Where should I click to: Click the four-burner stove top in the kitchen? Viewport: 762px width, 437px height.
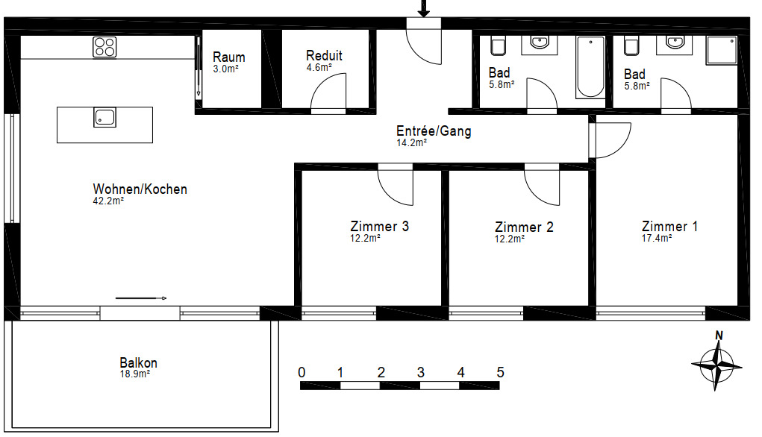click(104, 47)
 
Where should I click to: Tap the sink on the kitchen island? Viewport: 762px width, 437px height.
click(104, 118)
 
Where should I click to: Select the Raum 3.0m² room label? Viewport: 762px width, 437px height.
click(228, 62)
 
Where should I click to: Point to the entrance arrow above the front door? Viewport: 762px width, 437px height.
click(424, 8)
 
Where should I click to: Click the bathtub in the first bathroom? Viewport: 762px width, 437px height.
click(590, 66)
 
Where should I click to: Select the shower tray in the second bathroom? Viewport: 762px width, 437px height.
click(722, 49)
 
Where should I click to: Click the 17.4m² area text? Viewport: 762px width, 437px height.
click(657, 239)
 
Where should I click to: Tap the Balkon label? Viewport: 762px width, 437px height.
click(139, 362)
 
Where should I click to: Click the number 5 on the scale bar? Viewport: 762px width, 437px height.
click(501, 372)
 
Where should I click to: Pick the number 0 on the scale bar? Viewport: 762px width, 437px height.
click(302, 372)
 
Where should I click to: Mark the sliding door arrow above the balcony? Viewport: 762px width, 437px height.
click(141, 298)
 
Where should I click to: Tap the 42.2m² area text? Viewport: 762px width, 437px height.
click(108, 201)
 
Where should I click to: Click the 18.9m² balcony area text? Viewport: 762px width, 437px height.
click(135, 374)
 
